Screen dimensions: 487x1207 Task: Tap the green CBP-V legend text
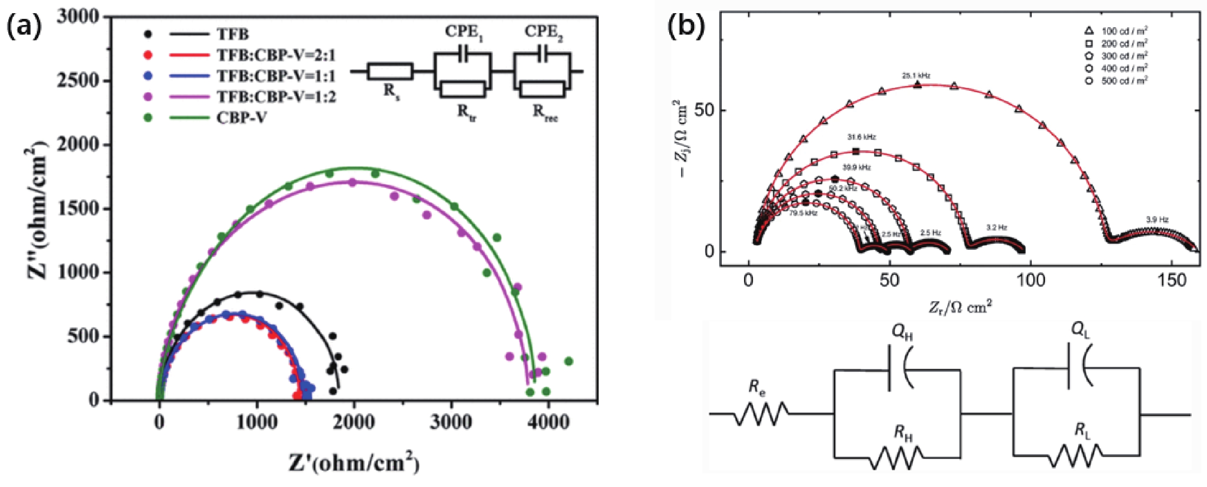pyautogui.click(x=241, y=117)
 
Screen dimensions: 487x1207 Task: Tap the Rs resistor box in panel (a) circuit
pyautogui.click(x=390, y=72)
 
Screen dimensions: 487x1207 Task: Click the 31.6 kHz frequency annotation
pyautogui.click(x=861, y=137)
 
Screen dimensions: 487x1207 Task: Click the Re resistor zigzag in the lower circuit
pyautogui.click(x=762, y=414)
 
